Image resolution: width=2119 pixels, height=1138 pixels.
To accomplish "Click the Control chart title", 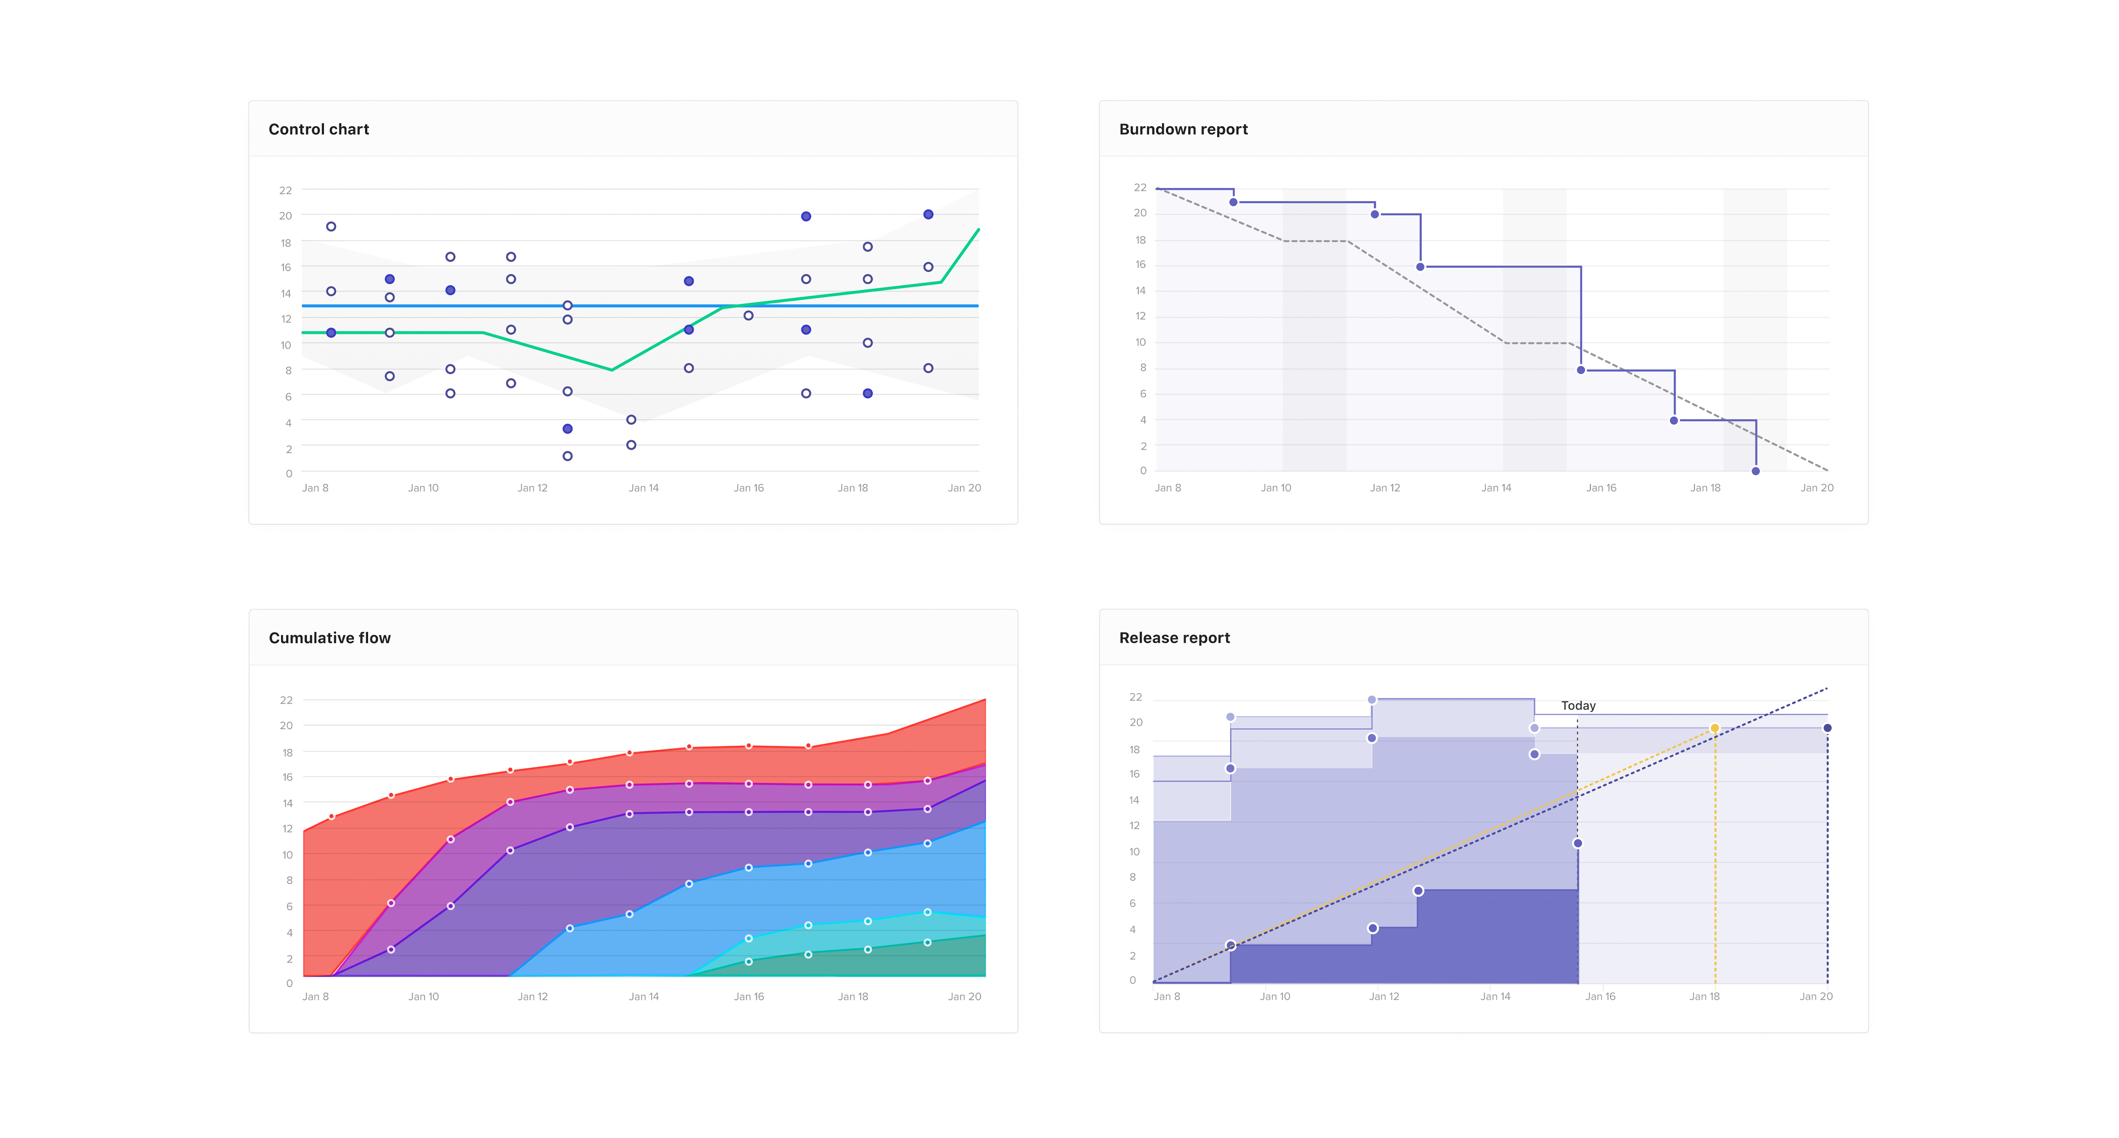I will (x=319, y=129).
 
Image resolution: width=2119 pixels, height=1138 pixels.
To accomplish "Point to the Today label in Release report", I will (x=1578, y=705).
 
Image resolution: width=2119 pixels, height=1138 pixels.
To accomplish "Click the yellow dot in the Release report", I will (x=1714, y=728).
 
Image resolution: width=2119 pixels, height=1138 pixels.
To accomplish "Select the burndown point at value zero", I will (x=1755, y=471).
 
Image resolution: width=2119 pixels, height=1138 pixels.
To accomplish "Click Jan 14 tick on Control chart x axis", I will (x=643, y=488).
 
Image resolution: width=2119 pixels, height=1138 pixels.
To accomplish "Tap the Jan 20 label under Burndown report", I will (x=1816, y=488).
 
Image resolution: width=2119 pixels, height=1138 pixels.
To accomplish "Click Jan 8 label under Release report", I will (x=1166, y=997).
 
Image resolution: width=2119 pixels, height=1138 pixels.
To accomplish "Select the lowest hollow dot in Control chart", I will (x=568, y=456).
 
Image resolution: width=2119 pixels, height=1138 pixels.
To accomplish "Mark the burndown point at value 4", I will (x=1674, y=420).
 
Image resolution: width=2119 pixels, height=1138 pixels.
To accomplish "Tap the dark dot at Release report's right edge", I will (x=1828, y=728).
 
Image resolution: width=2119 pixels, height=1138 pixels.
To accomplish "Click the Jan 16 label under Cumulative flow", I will (x=748, y=997).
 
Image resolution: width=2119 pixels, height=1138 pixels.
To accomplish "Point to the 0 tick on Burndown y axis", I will (x=1143, y=471).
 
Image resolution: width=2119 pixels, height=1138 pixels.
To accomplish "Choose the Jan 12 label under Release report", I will (x=1384, y=997).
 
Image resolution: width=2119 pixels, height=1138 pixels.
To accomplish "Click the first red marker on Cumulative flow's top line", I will (x=331, y=817).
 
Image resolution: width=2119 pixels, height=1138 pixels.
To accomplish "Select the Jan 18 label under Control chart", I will (x=852, y=488).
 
